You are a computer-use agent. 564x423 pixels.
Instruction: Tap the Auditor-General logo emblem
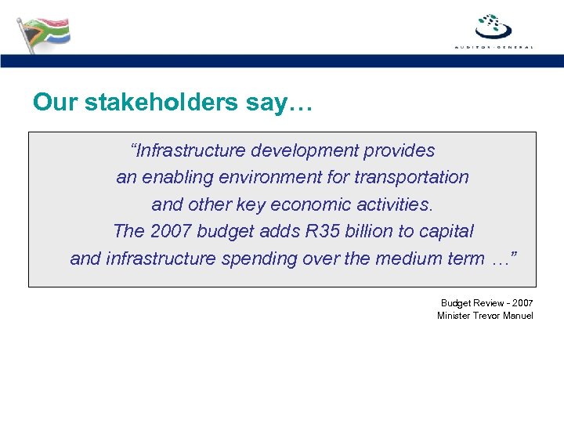coord(493,25)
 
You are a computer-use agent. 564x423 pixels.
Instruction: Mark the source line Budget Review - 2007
coord(486,302)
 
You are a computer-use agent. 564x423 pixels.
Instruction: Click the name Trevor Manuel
coord(504,316)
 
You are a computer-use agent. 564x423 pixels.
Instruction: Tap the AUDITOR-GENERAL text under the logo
coord(493,47)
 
